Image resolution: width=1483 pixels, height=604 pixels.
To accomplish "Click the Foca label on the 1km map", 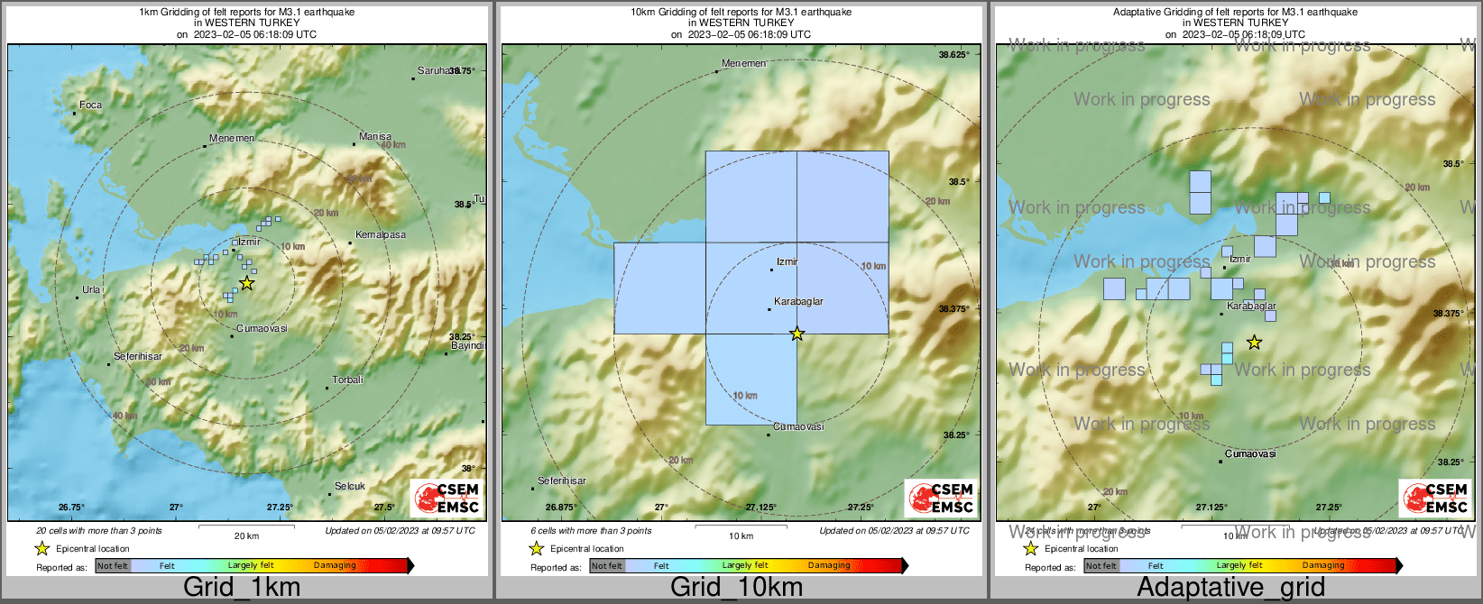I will [x=90, y=105].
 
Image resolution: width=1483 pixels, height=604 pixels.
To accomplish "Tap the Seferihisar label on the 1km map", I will [x=138, y=356].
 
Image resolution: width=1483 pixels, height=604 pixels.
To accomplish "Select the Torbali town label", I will [x=347, y=380].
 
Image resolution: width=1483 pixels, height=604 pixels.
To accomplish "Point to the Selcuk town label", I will [x=350, y=486].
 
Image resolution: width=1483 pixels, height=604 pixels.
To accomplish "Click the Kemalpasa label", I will [x=380, y=234].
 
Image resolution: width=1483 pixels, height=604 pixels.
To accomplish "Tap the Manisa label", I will [x=374, y=136].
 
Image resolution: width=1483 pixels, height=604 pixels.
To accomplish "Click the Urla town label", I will [x=91, y=289].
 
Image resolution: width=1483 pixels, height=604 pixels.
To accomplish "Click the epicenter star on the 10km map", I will [x=797, y=334].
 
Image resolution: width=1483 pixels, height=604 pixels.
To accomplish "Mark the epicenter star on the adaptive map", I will [x=1254, y=343].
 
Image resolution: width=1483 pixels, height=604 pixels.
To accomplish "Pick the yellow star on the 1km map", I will [x=247, y=283].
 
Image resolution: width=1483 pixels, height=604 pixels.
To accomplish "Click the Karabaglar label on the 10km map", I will [x=798, y=301].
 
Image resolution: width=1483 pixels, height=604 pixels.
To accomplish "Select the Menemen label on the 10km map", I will [x=743, y=63].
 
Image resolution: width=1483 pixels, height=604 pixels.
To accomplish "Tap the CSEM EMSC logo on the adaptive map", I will [x=1435, y=499].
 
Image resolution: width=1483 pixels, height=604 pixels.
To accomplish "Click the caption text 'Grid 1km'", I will [x=242, y=587].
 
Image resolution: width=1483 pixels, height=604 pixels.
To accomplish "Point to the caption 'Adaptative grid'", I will [x=1230, y=587].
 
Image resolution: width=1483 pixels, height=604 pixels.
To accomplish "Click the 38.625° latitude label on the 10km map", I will [x=953, y=55].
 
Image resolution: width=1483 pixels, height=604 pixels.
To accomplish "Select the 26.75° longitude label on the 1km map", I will [x=71, y=508].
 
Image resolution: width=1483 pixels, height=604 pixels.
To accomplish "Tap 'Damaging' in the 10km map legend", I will [x=829, y=566].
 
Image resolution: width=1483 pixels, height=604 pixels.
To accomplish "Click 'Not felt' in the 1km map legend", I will [x=113, y=566].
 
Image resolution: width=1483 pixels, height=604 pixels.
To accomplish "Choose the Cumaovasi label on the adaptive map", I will [x=1250, y=453].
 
